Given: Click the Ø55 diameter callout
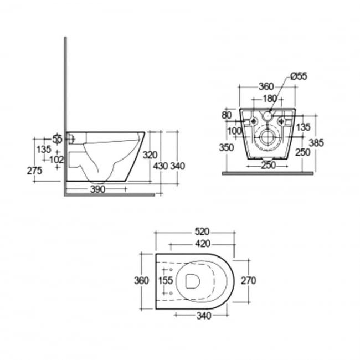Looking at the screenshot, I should [x=300, y=77].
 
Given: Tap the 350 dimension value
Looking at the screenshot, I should [x=225, y=148].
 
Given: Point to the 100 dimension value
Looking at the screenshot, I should [x=234, y=131].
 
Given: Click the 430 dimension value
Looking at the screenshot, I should [x=160, y=166].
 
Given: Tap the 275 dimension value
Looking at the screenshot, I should [x=34, y=171].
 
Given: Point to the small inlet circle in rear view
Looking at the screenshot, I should [x=267, y=117].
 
